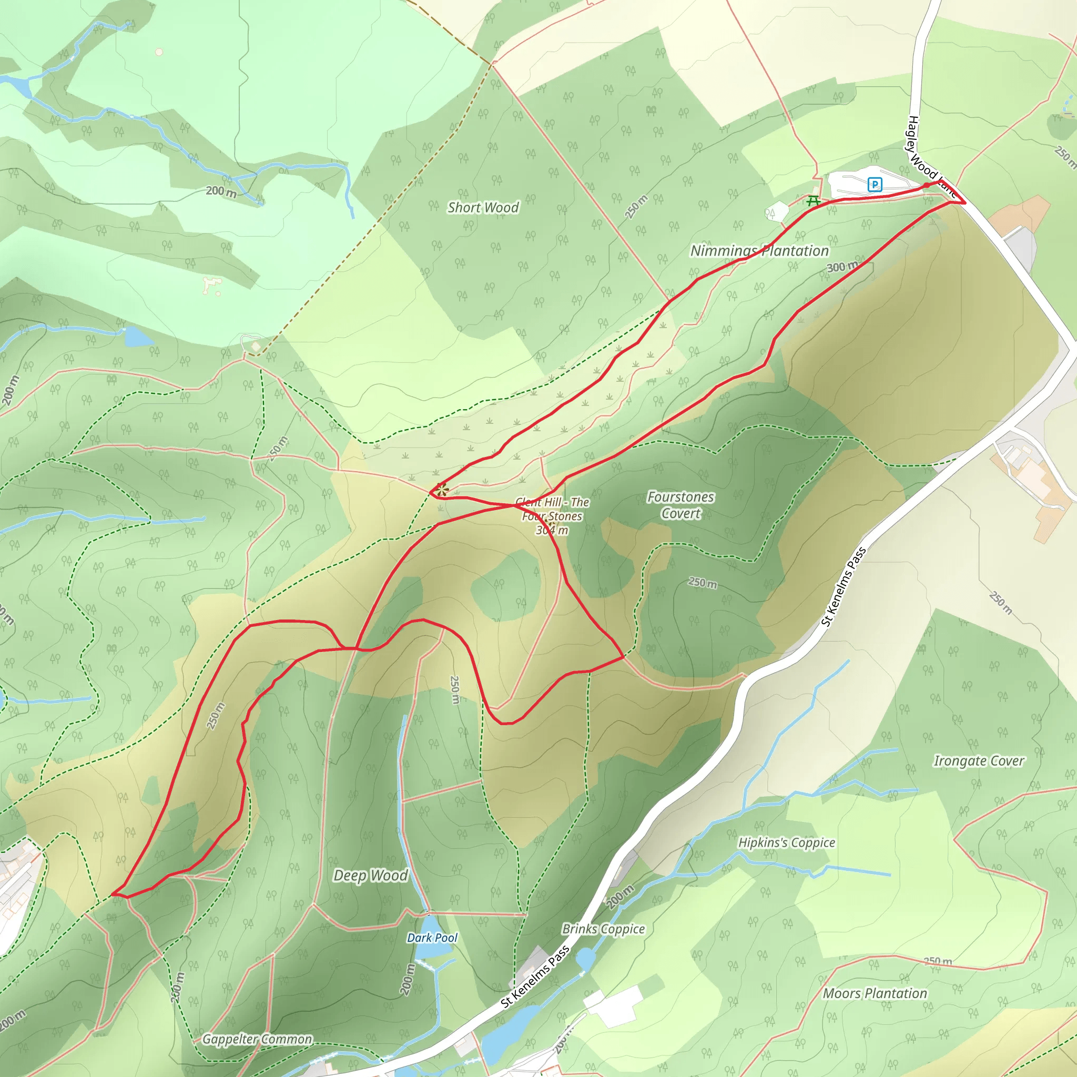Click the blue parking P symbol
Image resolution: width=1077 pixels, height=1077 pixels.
(875, 184)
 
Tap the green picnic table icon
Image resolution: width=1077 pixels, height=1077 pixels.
(814, 200)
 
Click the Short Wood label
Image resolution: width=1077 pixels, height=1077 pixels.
(483, 207)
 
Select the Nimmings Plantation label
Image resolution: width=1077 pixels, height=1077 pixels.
(759, 251)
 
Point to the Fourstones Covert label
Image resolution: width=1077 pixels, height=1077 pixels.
(680, 504)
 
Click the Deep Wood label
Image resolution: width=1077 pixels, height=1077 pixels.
(370, 875)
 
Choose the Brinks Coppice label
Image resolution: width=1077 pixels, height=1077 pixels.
(603, 929)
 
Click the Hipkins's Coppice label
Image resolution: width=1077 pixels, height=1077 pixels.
(786, 842)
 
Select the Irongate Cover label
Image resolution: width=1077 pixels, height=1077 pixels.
(978, 761)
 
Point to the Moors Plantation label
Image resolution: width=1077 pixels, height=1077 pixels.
(875, 993)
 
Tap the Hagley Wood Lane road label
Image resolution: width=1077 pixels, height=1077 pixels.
(928, 156)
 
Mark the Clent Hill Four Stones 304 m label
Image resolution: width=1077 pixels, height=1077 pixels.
(552, 516)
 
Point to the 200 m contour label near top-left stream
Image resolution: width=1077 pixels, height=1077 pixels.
(221, 191)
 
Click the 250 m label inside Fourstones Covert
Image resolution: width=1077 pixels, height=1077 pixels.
(703, 583)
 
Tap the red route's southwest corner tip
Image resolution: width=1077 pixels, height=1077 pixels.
(113, 893)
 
